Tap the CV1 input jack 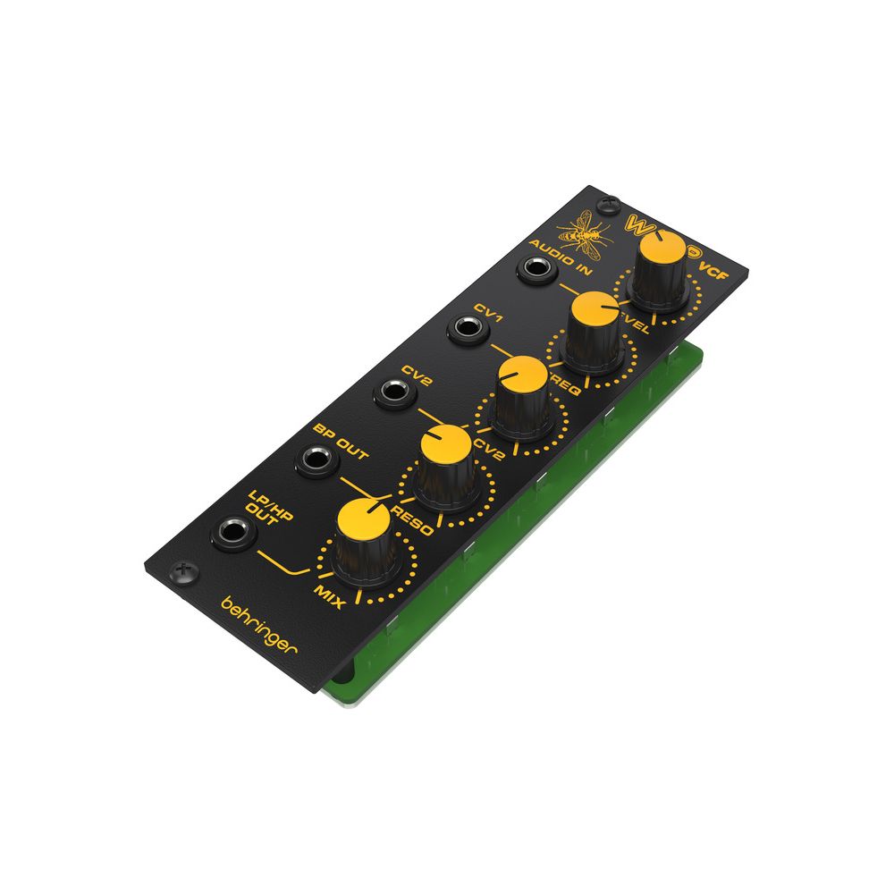466,330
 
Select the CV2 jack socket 393,392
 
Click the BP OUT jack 316,460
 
